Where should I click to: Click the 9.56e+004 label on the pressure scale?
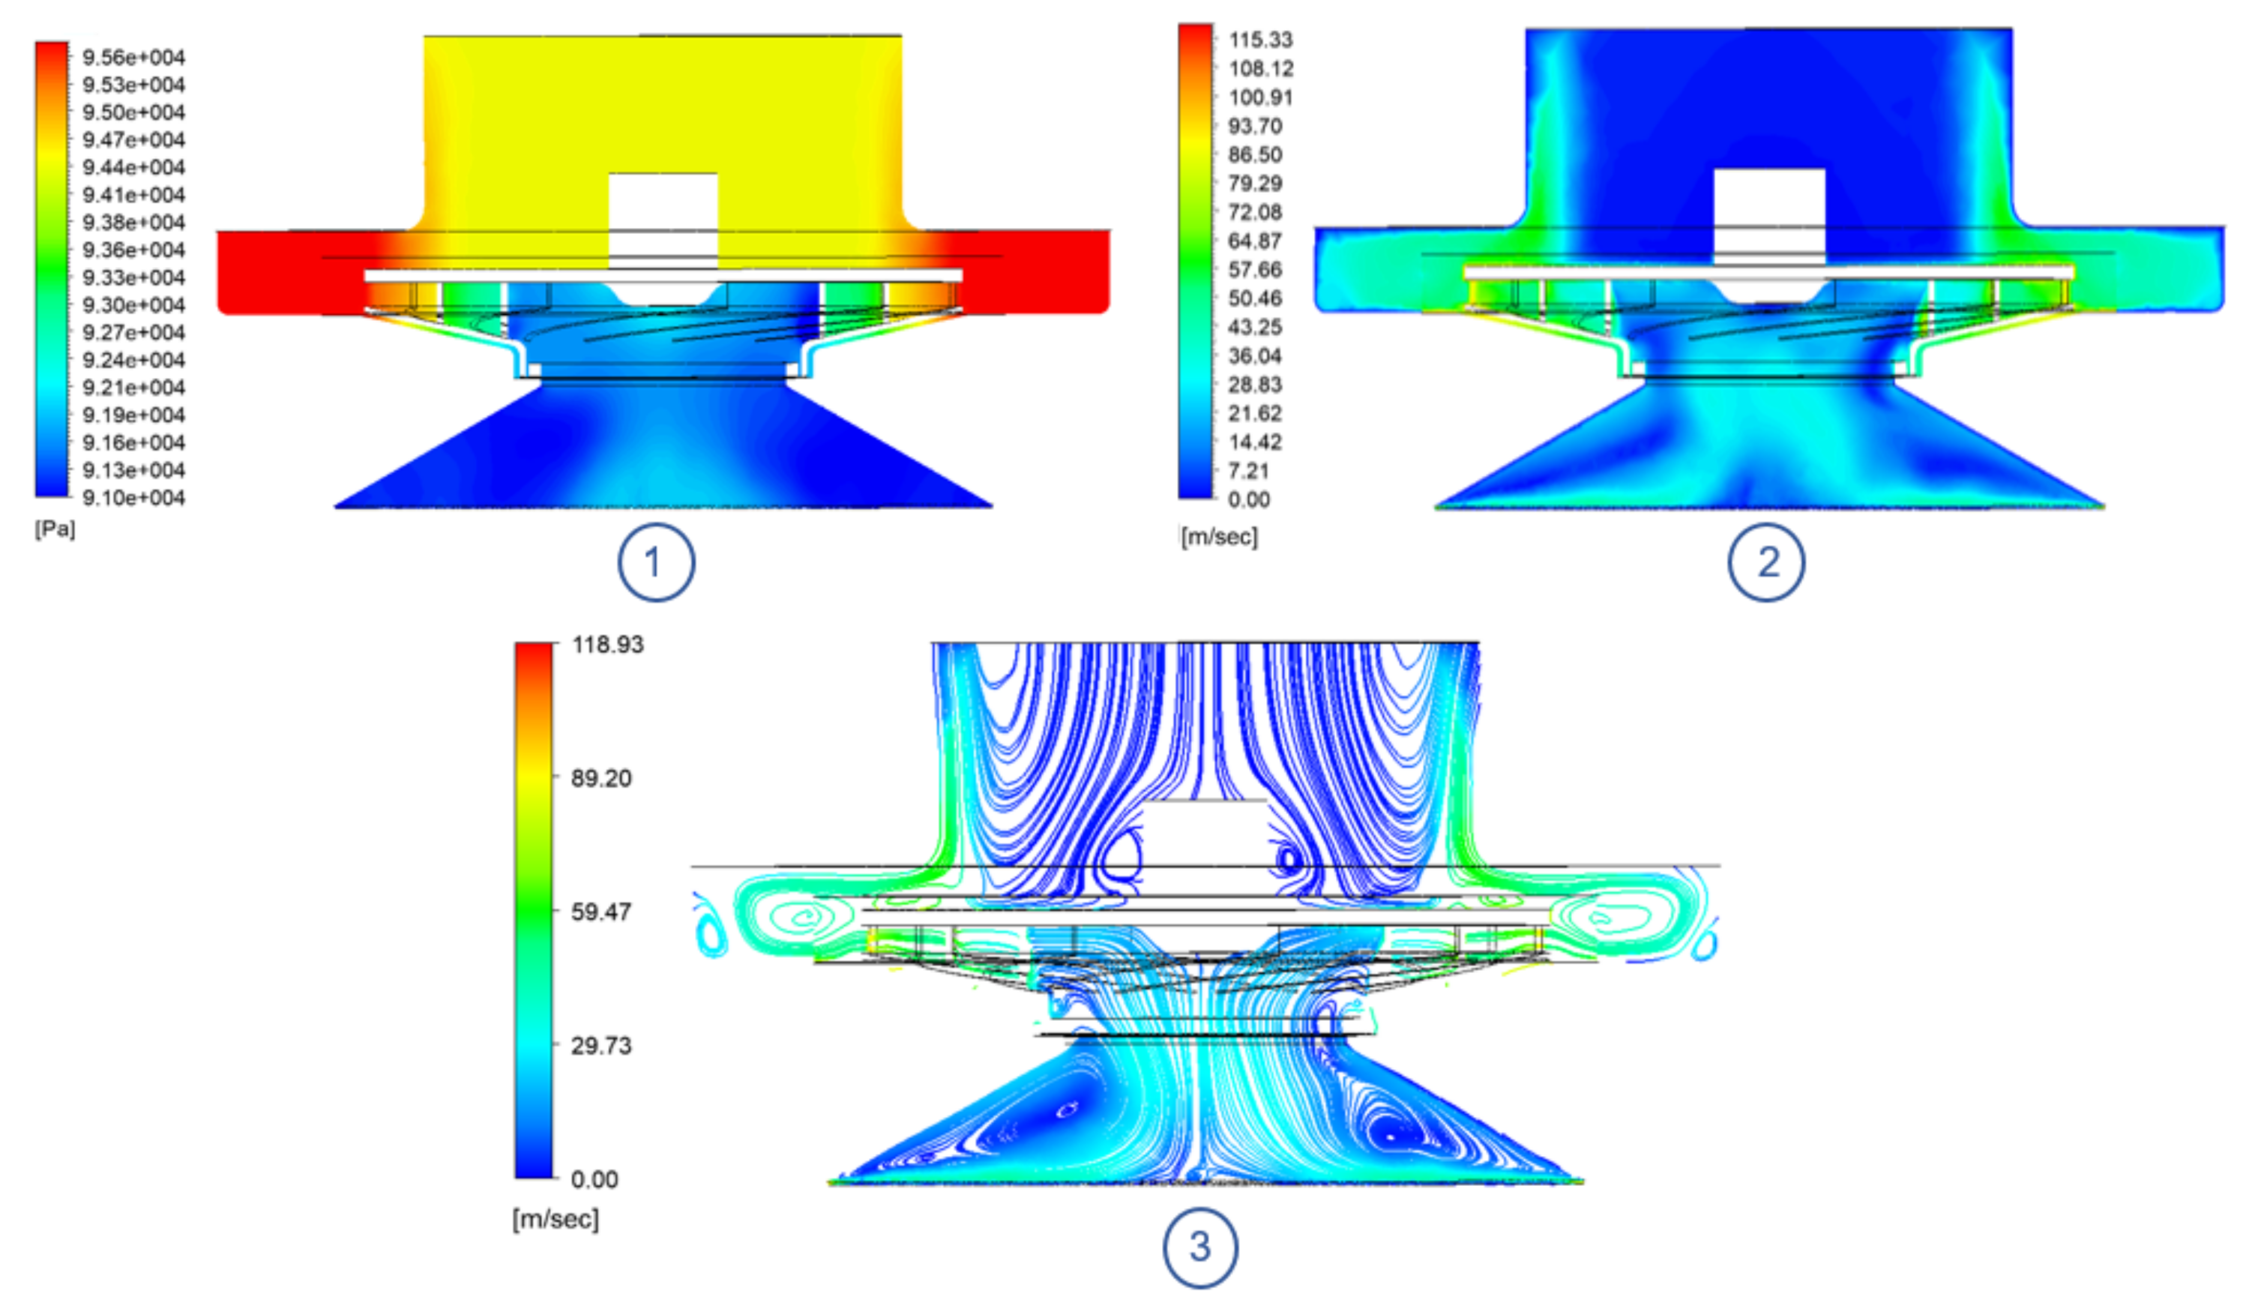click(133, 58)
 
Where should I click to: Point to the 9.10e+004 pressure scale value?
click(133, 498)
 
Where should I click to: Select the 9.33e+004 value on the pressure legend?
click(133, 277)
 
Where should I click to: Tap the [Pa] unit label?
click(55, 529)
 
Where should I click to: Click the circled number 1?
click(656, 562)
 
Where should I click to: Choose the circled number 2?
click(1766, 562)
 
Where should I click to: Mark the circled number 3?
click(1200, 1246)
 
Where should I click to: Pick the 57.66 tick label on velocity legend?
click(1255, 269)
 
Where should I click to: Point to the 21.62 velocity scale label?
click(1255, 413)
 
